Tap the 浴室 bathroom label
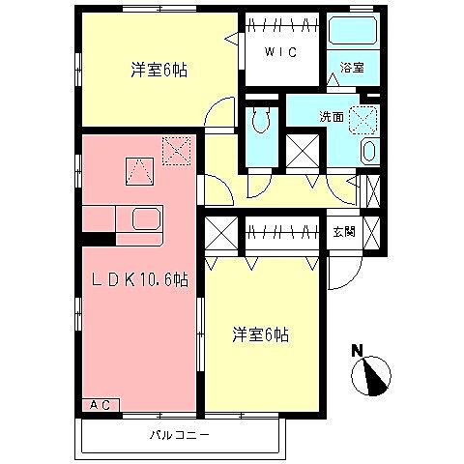[352, 69]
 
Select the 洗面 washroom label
[333, 117]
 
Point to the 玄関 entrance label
[344, 231]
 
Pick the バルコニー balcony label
[180, 435]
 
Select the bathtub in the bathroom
[353, 33]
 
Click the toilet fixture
[261, 122]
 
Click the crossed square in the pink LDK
[177, 148]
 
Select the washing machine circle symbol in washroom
[364, 118]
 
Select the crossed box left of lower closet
[221, 234]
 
